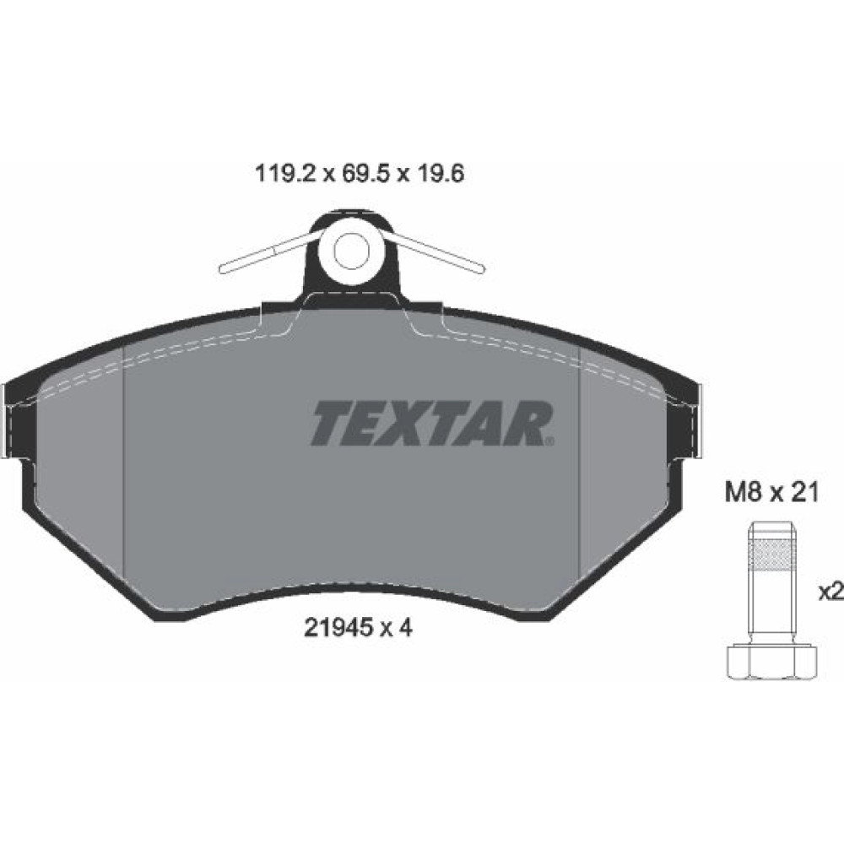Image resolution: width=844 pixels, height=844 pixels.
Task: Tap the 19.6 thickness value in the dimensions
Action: [439, 174]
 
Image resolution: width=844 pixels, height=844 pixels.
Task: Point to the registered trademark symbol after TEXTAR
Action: [549, 442]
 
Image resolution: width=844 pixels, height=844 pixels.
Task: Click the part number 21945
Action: [339, 628]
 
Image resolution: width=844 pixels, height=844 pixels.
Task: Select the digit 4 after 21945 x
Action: [406, 628]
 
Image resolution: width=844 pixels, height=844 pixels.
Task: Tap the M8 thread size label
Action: [744, 493]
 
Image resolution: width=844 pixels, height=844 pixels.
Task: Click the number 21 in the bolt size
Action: [803, 493]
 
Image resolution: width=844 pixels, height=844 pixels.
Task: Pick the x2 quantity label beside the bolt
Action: [830, 592]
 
